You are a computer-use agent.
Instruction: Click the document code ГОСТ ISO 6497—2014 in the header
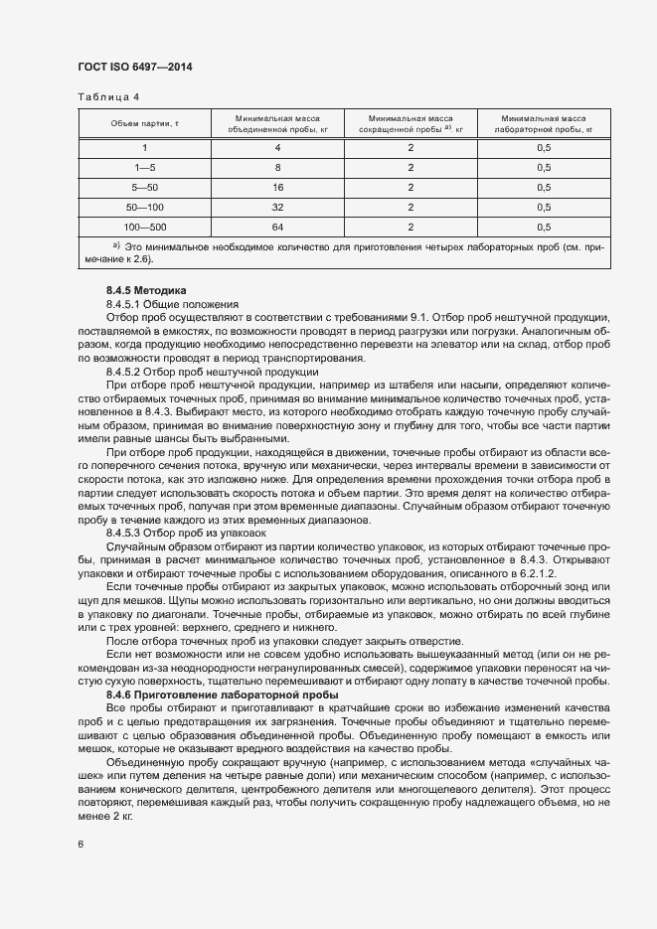coord(134,67)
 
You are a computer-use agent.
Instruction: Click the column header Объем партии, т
coord(144,122)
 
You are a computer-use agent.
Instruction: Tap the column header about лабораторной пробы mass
coord(544,122)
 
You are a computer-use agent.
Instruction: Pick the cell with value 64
coord(277,226)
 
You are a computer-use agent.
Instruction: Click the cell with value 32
coord(277,206)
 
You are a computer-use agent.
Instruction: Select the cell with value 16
coord(277,187)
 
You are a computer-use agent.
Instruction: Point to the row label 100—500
coord(144,226)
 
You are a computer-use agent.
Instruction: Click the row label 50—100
coord(144,206)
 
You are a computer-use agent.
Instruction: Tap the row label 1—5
coord(144,167)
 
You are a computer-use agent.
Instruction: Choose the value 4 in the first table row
coord(277,148)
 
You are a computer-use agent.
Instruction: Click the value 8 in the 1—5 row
coord(277,167)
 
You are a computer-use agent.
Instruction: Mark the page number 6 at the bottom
coord(81,844)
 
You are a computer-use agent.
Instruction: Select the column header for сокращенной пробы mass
coord(411,122)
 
